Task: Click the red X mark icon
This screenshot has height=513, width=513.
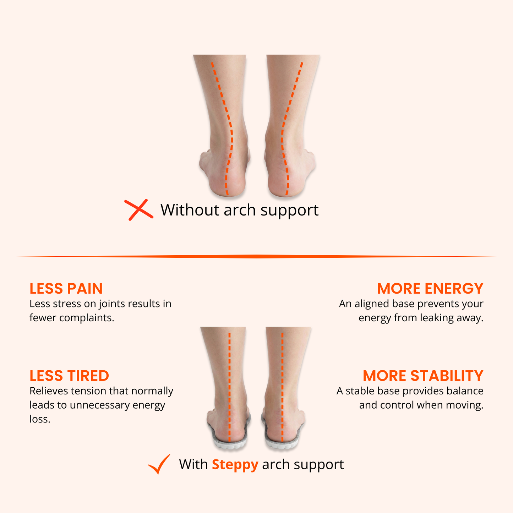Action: click(139, 210)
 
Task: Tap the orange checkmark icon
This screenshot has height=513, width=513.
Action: click(159, 464)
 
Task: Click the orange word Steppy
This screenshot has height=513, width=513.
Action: click(235, 464)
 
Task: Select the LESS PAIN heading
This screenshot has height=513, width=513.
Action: click(66, 289)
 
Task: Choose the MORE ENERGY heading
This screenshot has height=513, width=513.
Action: click(430, 289)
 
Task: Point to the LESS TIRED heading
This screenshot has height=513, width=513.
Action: click(69, 376)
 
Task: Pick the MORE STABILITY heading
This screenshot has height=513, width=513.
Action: click(423, 376)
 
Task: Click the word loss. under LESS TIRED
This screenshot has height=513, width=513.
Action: click(40, 419)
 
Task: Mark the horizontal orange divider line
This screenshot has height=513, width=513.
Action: click(256, 256)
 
